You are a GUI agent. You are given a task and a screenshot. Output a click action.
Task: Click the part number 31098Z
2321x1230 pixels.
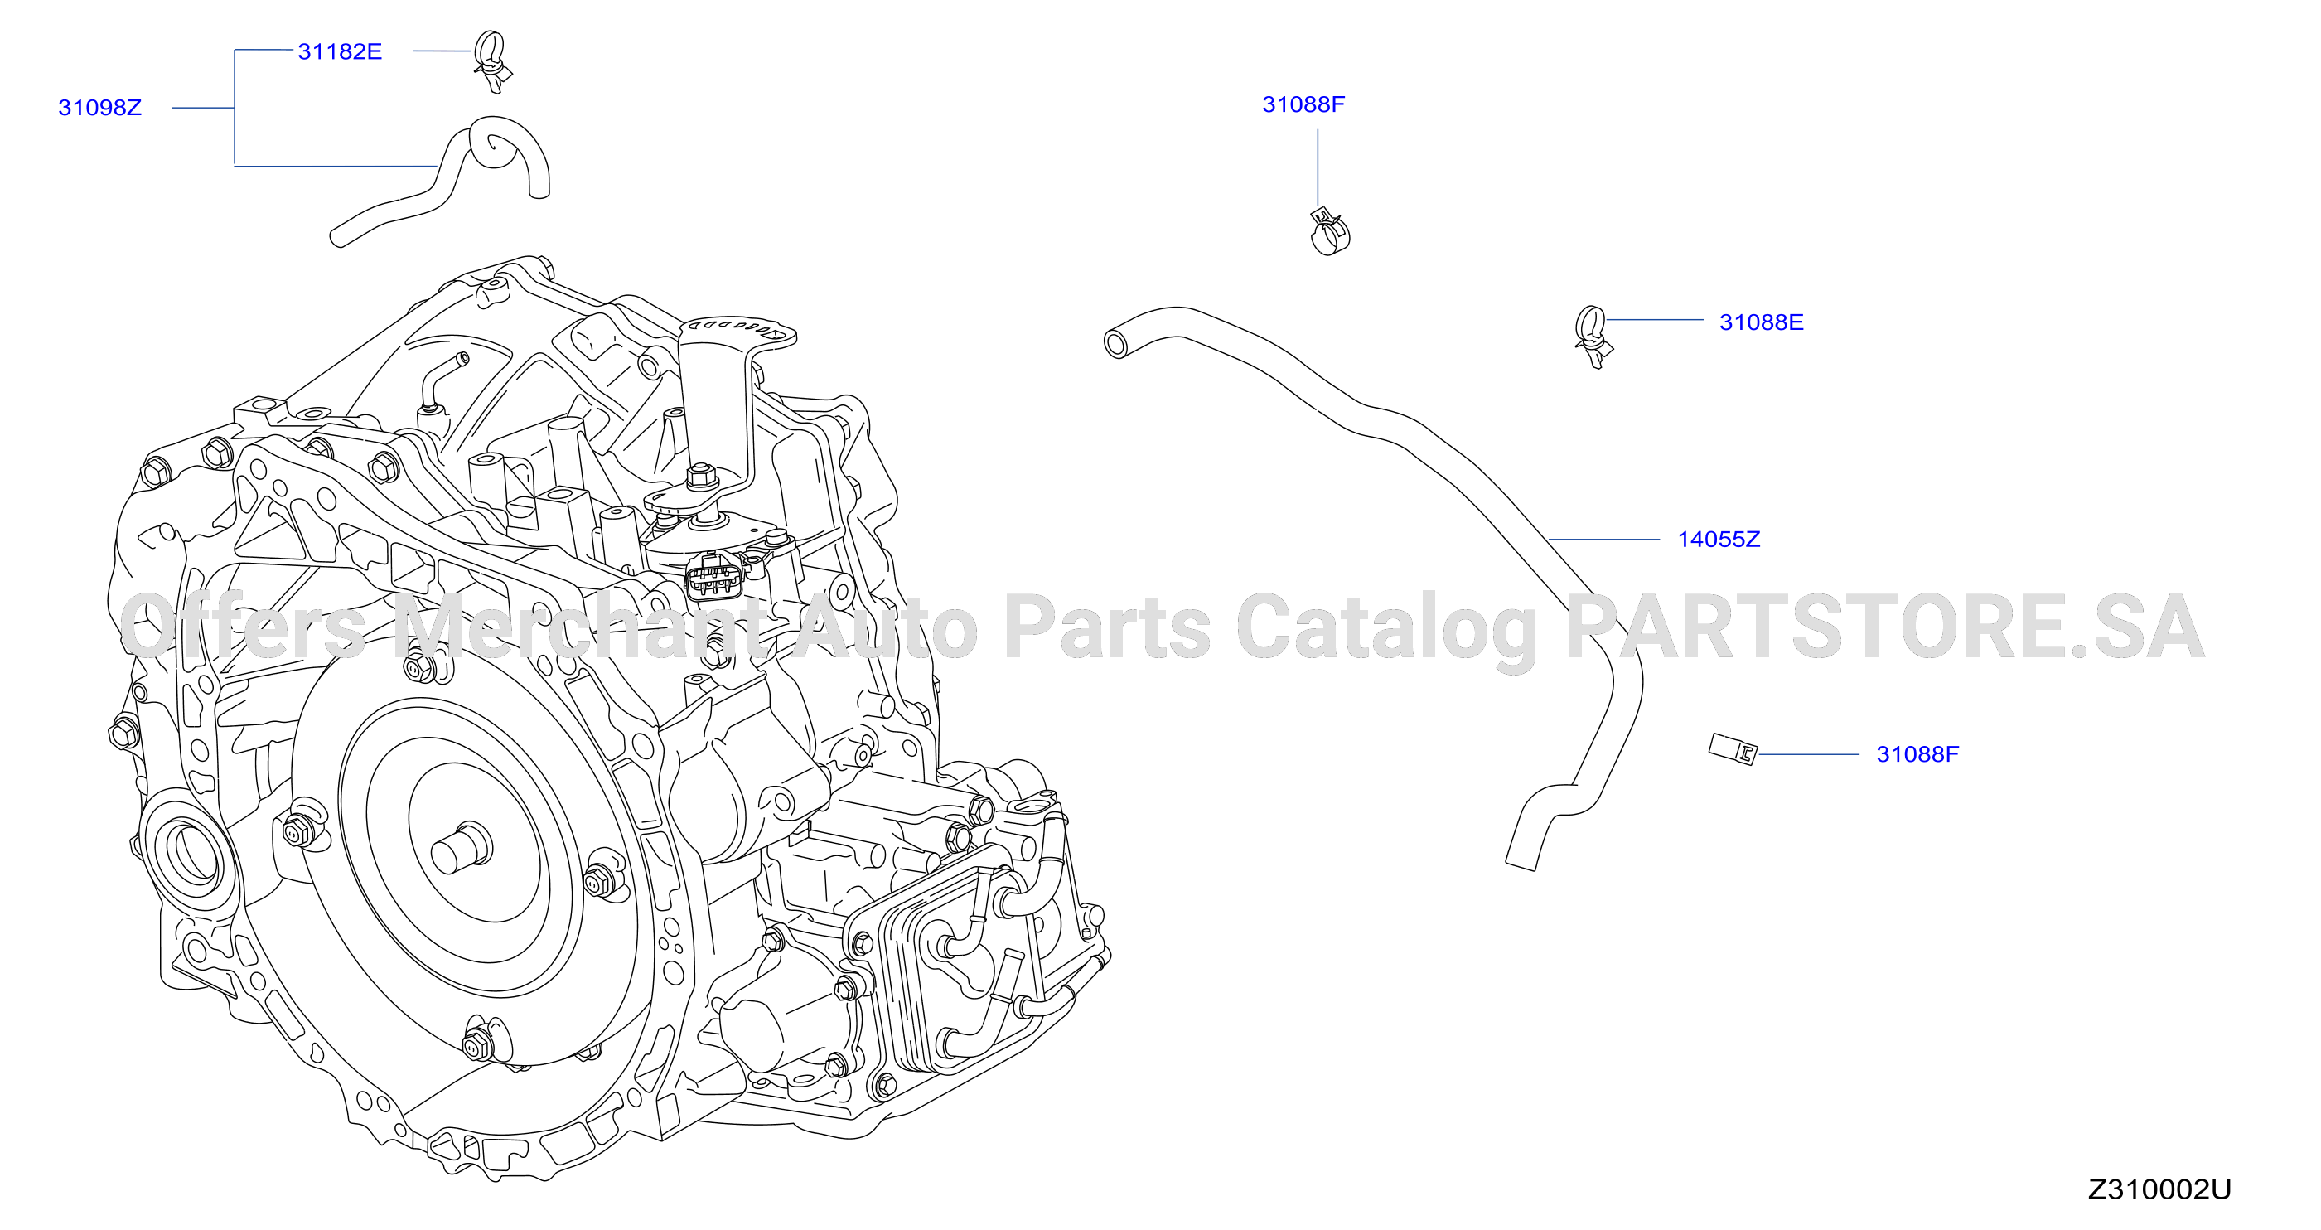(x=100, y=108)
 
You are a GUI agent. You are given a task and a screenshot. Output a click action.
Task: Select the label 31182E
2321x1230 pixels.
(x=340, y=52)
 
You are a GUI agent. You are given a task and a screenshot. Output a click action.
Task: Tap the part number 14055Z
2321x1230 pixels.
(x=1719, y=540)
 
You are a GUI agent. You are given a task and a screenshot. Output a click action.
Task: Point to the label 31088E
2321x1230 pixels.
(x=1761, y=322)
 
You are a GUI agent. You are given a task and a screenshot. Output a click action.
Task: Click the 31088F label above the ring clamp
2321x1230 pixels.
(x=1303, y=104)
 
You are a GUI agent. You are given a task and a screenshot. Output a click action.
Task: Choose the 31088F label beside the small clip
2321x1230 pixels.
(x=1917, y=754)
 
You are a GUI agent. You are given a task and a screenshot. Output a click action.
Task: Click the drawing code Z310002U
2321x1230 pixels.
(x=2159, y=1189)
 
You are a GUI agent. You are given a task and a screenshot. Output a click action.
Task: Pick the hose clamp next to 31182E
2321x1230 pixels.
(x=493, y=61)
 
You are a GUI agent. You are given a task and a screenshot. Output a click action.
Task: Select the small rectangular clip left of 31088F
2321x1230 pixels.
(x=1733, y=748)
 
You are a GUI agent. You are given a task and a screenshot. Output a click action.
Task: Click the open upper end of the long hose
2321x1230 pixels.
(x=1116, y=343)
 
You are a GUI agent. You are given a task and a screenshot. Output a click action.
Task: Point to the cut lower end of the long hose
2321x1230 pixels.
(x=1520, y=864)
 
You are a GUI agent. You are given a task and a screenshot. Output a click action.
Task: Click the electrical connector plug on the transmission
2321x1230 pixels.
(x=714, y=577)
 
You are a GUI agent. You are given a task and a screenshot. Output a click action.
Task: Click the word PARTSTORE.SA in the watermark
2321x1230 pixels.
(x=1886, y=627)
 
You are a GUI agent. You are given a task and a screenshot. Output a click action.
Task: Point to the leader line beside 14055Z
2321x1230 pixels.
(x=1603, y=540)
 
